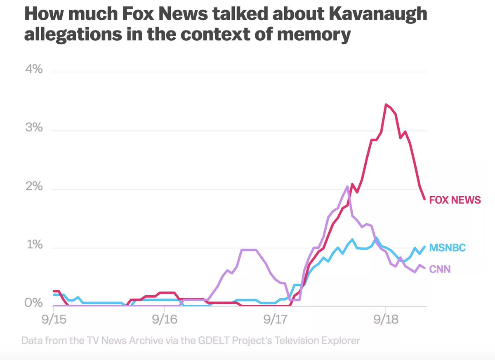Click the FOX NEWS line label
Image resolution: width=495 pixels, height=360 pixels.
pos(455,200)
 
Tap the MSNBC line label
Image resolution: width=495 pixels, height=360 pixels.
pos(448,248)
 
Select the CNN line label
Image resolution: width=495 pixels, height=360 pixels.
pos(439,269)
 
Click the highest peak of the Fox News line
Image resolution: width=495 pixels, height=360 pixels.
pos(386,105)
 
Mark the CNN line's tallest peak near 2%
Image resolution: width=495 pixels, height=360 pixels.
pos(347,187)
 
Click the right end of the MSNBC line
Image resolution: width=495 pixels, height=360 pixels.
pos(424,247)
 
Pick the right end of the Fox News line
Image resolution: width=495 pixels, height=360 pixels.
pos(424,199)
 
